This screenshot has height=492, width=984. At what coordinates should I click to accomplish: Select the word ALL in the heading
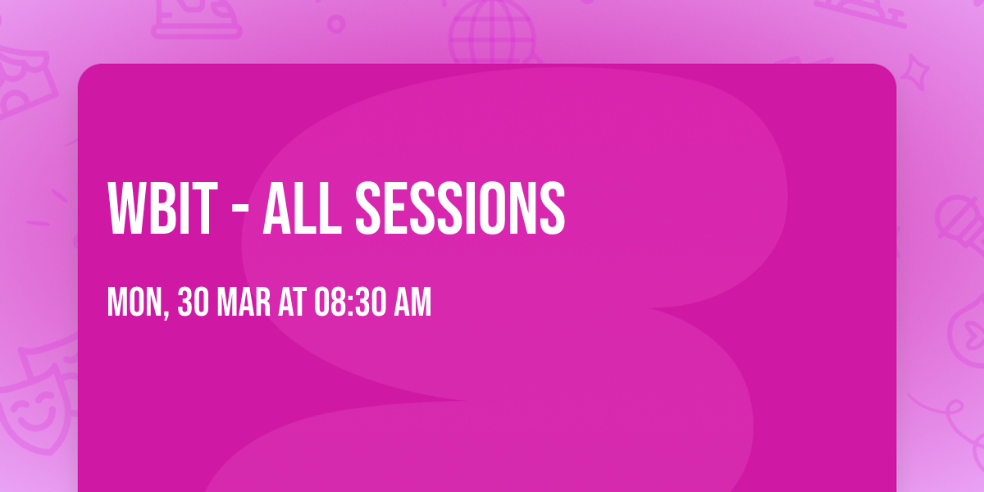(x=301, y=209)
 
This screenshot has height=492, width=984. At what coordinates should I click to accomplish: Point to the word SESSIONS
(x=460, y=209)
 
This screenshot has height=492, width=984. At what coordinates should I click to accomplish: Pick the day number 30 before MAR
(x=194, y=303)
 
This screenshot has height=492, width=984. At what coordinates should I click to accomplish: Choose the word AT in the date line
(x=292, y=303)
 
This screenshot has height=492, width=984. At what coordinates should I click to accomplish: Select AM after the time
(x=413, y=303)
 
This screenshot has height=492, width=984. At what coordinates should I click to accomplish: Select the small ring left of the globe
(x=336, y=24)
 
